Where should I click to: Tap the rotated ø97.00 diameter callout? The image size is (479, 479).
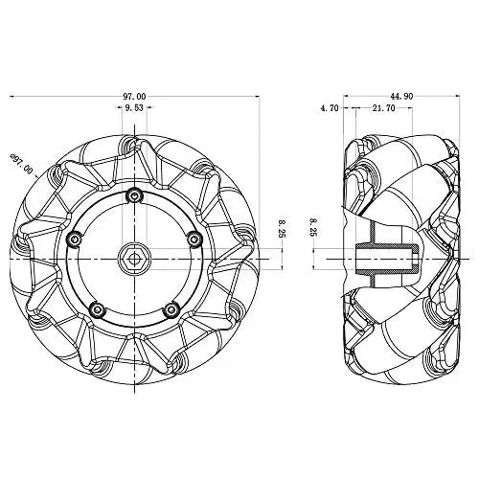pos(22,165)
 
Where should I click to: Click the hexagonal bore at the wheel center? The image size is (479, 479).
pos(133,256)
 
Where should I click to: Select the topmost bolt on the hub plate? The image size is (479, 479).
pos(133,196)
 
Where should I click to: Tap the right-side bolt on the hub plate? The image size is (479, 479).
pos(193,238)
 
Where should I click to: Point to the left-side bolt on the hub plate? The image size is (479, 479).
pos(74,238)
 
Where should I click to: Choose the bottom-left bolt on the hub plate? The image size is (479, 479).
pos(96,308)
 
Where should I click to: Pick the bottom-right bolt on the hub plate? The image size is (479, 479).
pos(171,308)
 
